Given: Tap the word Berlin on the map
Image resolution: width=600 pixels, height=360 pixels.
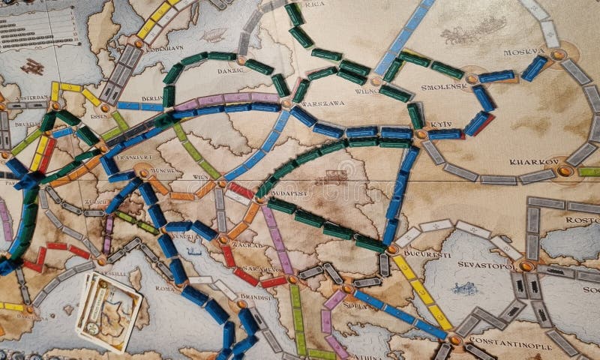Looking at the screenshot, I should (x=152, y=97).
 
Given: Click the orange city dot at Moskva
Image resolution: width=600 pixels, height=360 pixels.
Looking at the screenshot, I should (x=557, y=54).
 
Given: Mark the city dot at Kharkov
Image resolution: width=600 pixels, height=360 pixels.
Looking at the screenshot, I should (x=564, y=171).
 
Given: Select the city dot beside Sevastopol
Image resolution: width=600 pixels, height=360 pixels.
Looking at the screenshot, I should (x=526, y=265).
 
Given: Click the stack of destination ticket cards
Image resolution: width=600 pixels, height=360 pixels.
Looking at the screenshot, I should (x=109, y=309).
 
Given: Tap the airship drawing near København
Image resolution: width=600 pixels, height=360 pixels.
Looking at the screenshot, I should (x=214, y=35).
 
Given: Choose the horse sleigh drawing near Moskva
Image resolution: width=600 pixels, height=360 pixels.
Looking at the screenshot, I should (x=463, y=31).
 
